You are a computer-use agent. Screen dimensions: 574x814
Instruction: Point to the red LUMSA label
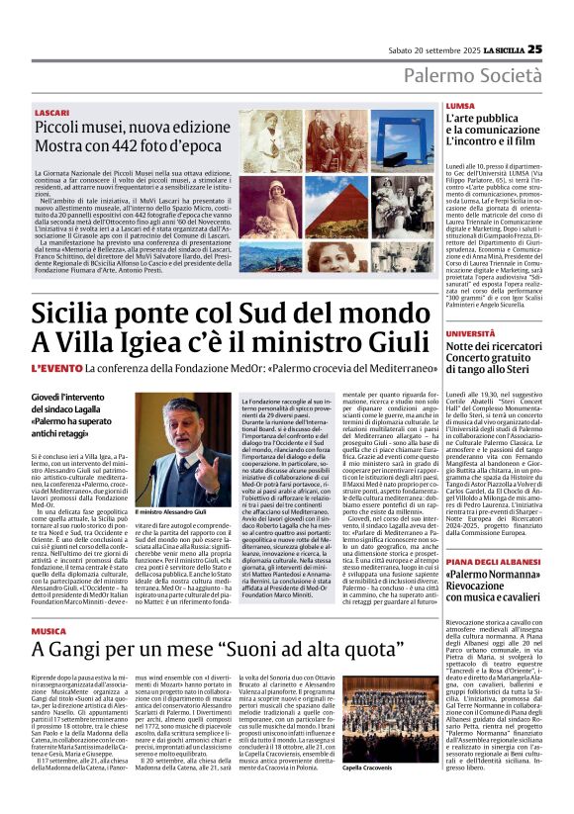tap(460, 105)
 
